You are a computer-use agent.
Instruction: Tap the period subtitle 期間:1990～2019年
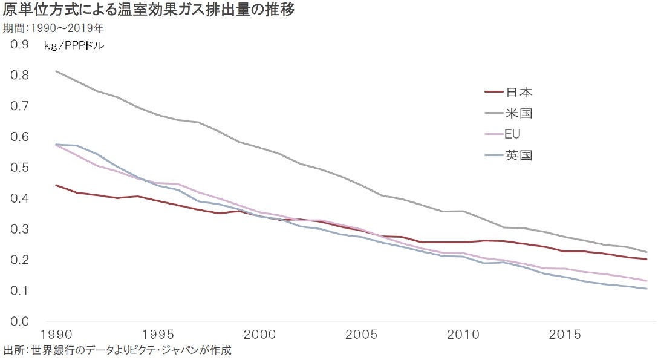tap(53, 28)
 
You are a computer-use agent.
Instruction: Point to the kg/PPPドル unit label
tap(74, 45)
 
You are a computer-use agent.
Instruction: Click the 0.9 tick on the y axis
tap(20, 44)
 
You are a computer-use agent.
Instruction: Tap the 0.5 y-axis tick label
tap(20, 167)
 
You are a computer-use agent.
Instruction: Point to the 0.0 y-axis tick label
tap(20, 321)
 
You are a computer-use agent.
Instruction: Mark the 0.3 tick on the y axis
tap(20, 229)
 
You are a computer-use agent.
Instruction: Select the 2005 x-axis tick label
tap(363, 335)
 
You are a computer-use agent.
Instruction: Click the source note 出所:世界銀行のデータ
tap(118, 350)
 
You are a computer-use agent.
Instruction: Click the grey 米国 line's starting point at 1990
tap(56, 71)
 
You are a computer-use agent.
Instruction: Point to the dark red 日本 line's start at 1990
tap(56, 185)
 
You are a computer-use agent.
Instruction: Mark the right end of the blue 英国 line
tap(647, 289)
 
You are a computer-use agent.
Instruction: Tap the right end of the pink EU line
tap(647, 281)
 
